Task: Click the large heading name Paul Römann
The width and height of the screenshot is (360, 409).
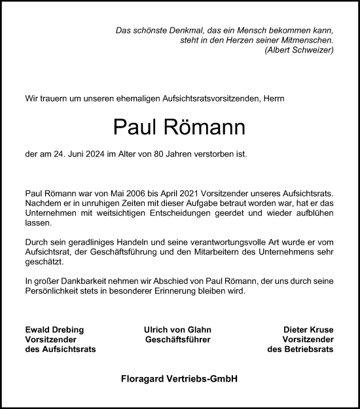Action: (x=179, y=128)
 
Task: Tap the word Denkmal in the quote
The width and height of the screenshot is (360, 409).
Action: (x=173, y=30)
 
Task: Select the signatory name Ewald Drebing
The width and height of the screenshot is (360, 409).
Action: (x=54, y=329)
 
